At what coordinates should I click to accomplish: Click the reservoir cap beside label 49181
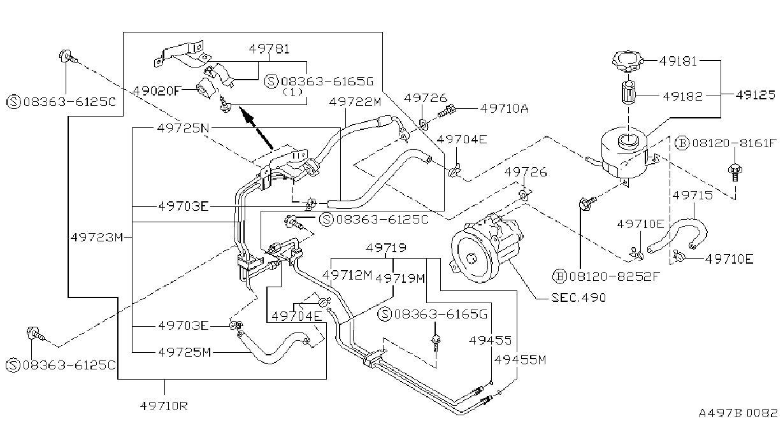(x=628, y=61)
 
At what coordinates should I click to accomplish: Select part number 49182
(x=683, y=96)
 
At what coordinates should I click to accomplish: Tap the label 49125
(x=756, y=95)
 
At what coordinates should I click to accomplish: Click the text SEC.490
(x=578, y=297)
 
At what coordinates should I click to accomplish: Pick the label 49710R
(x=164, y=406)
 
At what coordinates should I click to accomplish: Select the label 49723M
(x=97, y=237)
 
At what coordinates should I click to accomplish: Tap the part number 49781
(x=269, y=49)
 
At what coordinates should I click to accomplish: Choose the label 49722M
(x=355, y=102)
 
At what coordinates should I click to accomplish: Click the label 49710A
(x=505, y=109)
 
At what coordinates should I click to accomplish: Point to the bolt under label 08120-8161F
(x=735, y=173)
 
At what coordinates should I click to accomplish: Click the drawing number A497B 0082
(x=738, y=413)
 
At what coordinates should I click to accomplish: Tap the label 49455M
(x=520, y=360)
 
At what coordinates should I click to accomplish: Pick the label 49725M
(x=185, y=352)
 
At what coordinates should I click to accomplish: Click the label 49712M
(x=347, y=275)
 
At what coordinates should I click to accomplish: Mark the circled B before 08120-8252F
(x=559, y=276)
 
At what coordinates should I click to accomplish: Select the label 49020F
(x=157, y=91)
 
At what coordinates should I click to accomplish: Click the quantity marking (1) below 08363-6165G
(x=292, y=92)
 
